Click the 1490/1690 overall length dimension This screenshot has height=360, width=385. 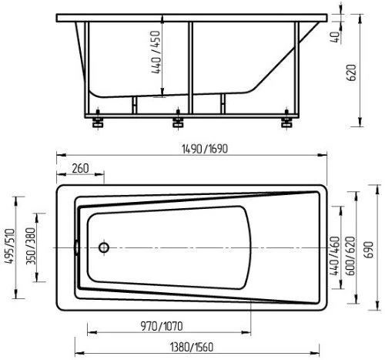205,149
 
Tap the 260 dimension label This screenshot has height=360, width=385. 80,169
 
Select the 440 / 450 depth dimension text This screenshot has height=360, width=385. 156,52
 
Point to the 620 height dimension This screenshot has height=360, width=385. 351,72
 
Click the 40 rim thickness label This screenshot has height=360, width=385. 336,37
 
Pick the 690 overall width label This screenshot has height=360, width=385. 369,250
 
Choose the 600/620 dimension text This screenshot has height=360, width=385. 351,256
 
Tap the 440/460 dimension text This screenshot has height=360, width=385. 335,256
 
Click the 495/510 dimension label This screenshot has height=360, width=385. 10,246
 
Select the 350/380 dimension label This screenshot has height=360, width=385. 31,246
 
